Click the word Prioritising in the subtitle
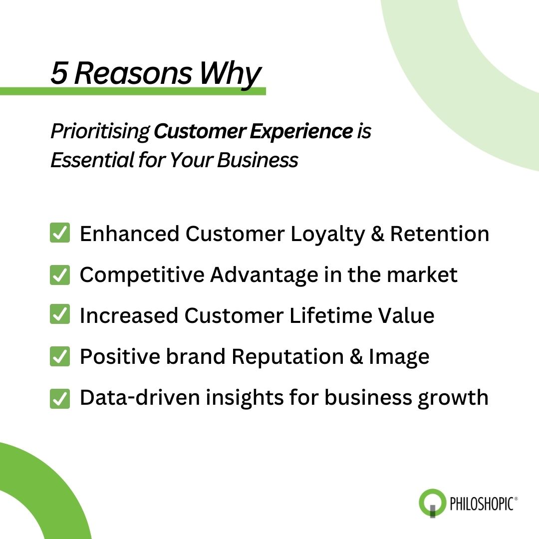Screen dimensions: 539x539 point(100,132)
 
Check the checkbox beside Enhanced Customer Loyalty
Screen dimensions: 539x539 point(60,234)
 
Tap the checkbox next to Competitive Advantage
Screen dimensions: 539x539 point(60,275)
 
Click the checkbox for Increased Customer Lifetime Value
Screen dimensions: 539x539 point(60,316)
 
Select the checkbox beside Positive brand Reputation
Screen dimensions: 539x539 point(60,357)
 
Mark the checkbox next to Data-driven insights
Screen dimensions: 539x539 point(60,398)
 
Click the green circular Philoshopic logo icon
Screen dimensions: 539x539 point(432,502)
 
